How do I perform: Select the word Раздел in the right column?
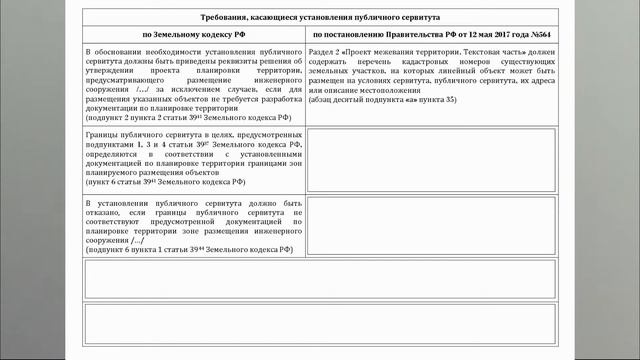(x=326, y=51)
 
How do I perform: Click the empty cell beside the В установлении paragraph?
(x=433, y=225)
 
